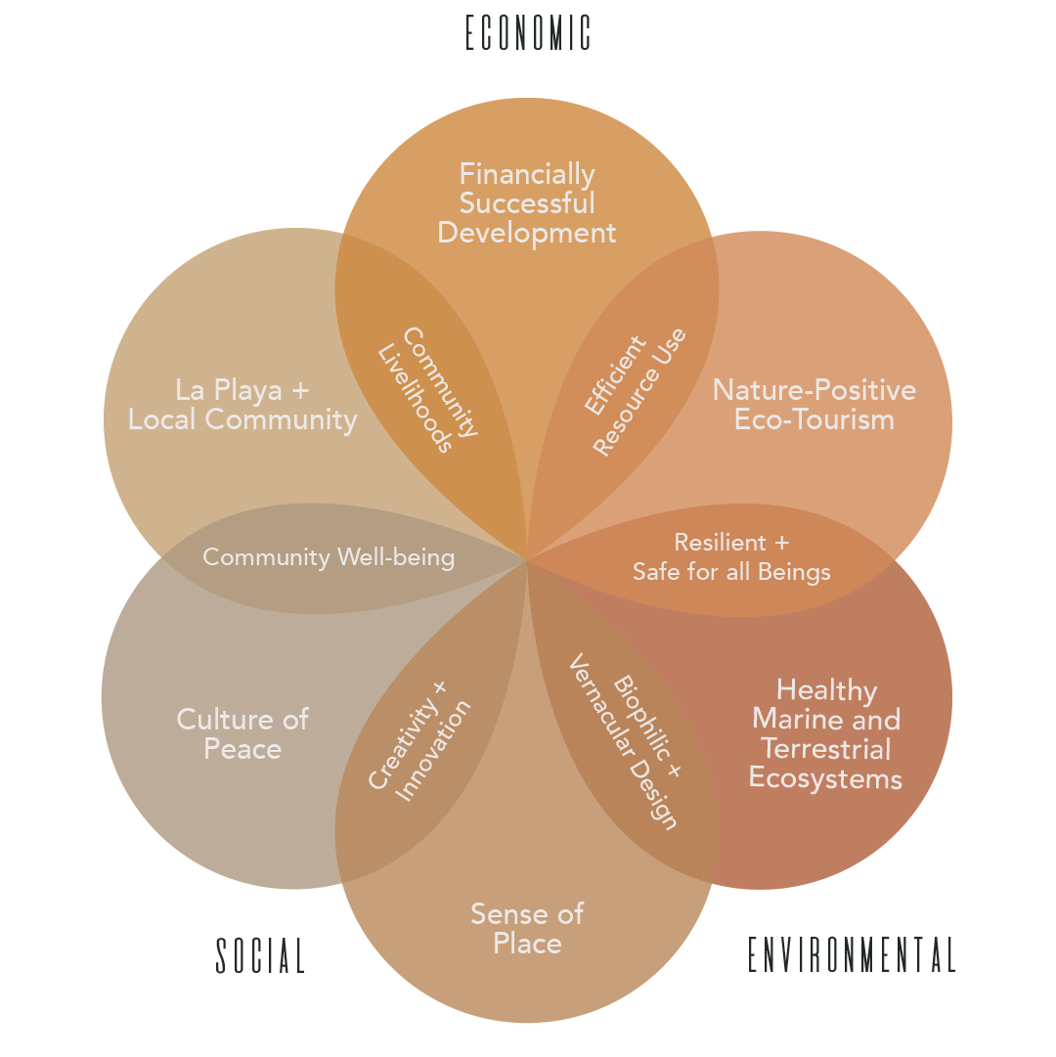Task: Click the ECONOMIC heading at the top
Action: tap(528, 32)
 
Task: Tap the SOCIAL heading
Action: tap(261, 955)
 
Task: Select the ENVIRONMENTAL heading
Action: tap(852, 955)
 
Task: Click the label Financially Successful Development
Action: tap(527, 203)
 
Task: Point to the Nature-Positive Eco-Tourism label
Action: tap(814, 405)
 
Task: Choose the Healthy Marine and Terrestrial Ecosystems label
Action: tap(826, 734)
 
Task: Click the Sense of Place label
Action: tap(527, 929)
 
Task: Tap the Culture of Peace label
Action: tap(242, 734)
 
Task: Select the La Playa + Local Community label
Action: tap(242, 405)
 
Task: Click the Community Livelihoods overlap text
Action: tap(428, 390)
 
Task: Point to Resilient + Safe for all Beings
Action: tap(731, 557)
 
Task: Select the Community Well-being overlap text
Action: tap(329, 557)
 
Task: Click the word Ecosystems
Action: tap(825, 779)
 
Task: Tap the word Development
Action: tap(527, 234)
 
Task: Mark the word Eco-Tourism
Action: tap(814, 420)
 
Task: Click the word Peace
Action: tap(242, 750)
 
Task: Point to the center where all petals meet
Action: tap(527, 558)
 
